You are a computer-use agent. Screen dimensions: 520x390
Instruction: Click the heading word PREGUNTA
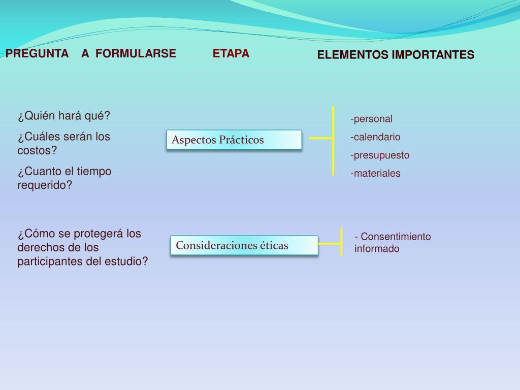37,53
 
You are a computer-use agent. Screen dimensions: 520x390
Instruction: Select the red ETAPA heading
231,53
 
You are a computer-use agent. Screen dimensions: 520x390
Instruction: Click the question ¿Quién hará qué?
64,116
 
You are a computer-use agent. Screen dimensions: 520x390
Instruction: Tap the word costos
37,150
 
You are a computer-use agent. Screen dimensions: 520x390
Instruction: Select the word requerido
45,185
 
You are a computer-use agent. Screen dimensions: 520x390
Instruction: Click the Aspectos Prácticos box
234,140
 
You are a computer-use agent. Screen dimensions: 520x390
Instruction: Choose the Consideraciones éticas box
244,245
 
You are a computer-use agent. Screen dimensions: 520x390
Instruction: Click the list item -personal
371,119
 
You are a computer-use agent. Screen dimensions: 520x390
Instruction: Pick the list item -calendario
375,137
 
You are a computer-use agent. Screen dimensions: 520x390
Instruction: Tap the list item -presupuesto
379,155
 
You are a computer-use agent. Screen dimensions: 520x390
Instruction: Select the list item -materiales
375,174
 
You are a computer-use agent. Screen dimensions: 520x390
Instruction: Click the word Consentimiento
396,237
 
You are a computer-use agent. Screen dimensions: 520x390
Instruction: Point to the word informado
377,249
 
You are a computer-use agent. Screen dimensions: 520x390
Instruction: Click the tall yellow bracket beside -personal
333,140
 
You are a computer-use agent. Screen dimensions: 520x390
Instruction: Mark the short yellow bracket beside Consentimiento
341,242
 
